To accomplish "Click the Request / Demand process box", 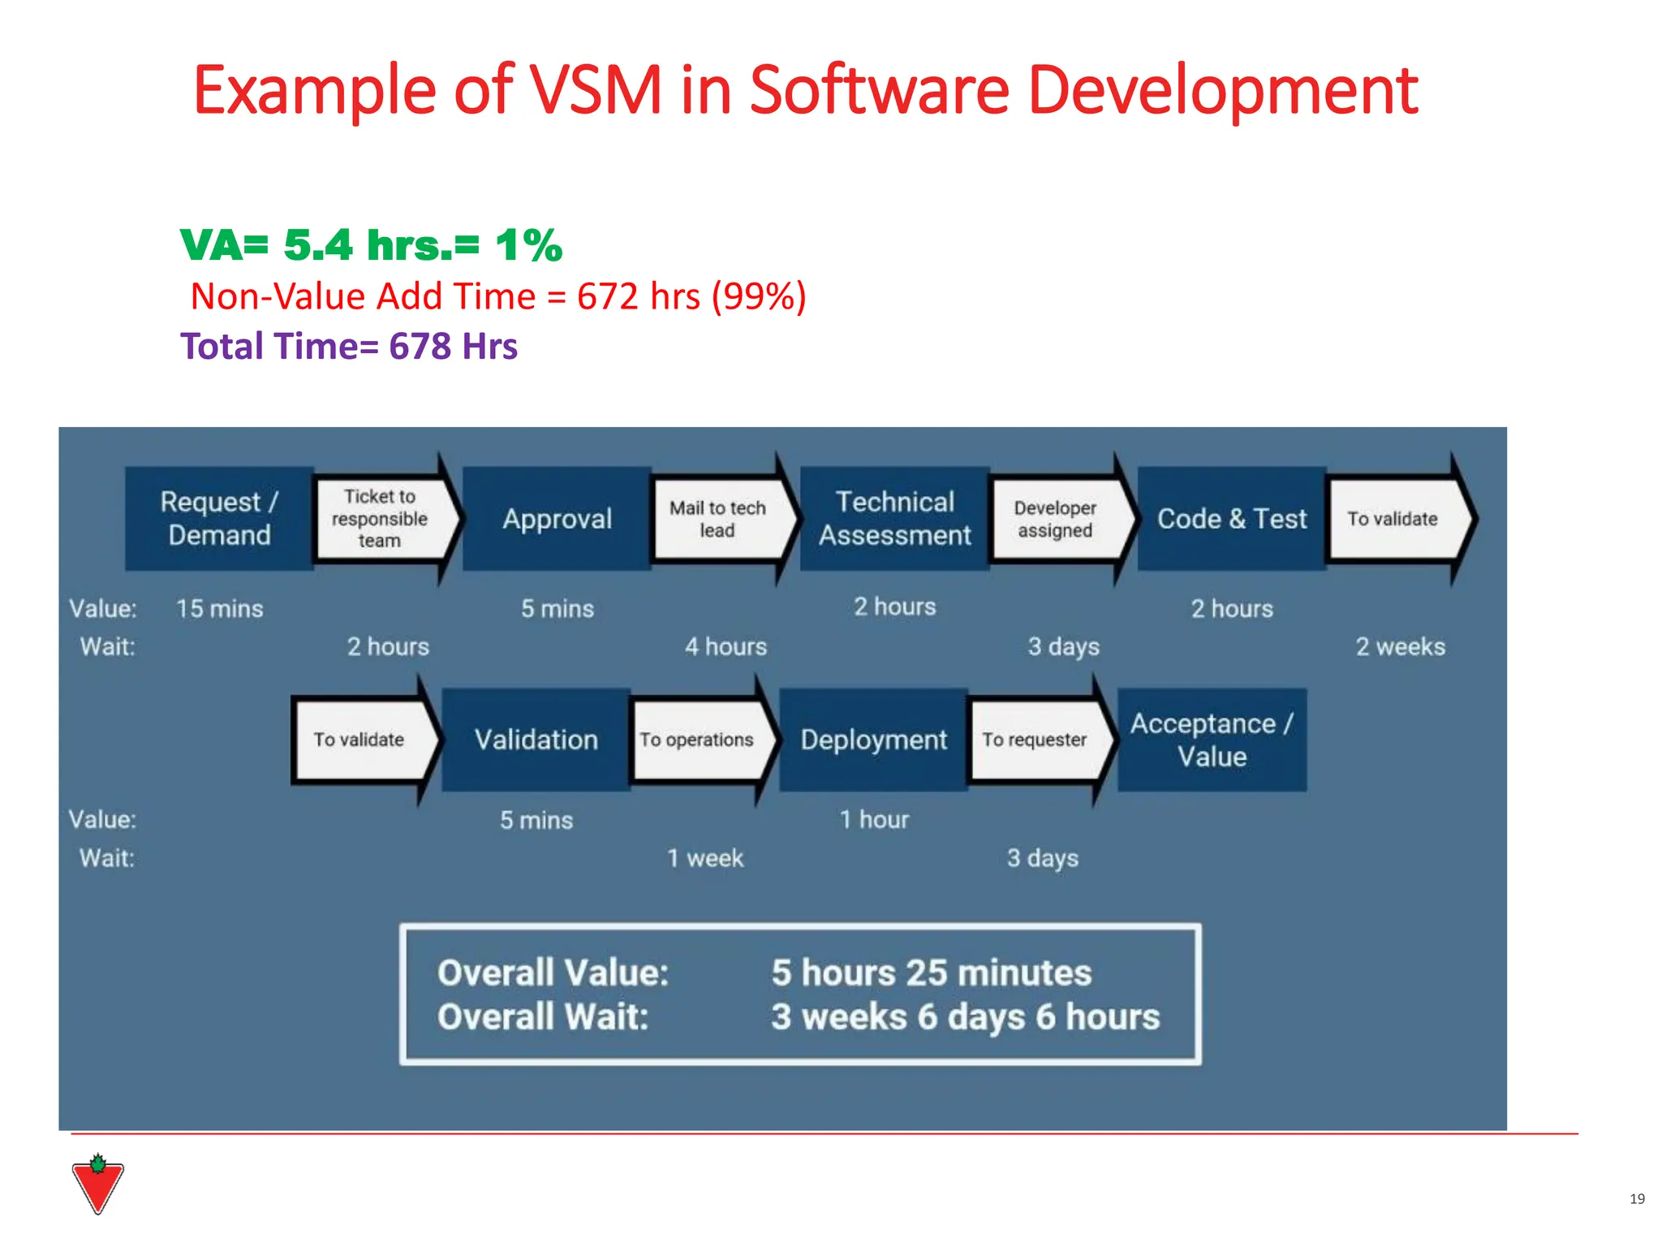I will pyautogui.click(x=219, y=518).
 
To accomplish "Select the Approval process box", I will pyautogui.click(x=557, y=518).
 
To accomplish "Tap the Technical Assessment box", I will pyautogui.click(x=894, y=518).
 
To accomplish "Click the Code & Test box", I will pyautogui.click(x=1231, y=518).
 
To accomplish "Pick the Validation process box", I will pyautogui.click(x=536, y=740).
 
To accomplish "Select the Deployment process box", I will pyautogui.click(x=873, y=740).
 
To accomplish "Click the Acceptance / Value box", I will pyautogui.click(x=1212, y=740).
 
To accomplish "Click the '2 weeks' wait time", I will pyautogui.click(x=1400, y=646).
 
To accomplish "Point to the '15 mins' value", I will pyautogui.click(x=219, y=608).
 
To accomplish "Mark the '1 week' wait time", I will pyautogui.click(x=704, y=858).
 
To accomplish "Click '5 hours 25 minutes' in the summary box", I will pyautogui.click(x=931, y=973).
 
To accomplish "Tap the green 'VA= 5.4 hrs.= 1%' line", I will pyautogui.click(x=371, y=245).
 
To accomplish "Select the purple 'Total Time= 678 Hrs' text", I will pyautogui.click(x=349, y=346).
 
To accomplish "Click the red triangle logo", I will pyautogui.click(x=97, y=1185).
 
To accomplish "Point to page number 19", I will pyautogui.click(x=1637, y=1199).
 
